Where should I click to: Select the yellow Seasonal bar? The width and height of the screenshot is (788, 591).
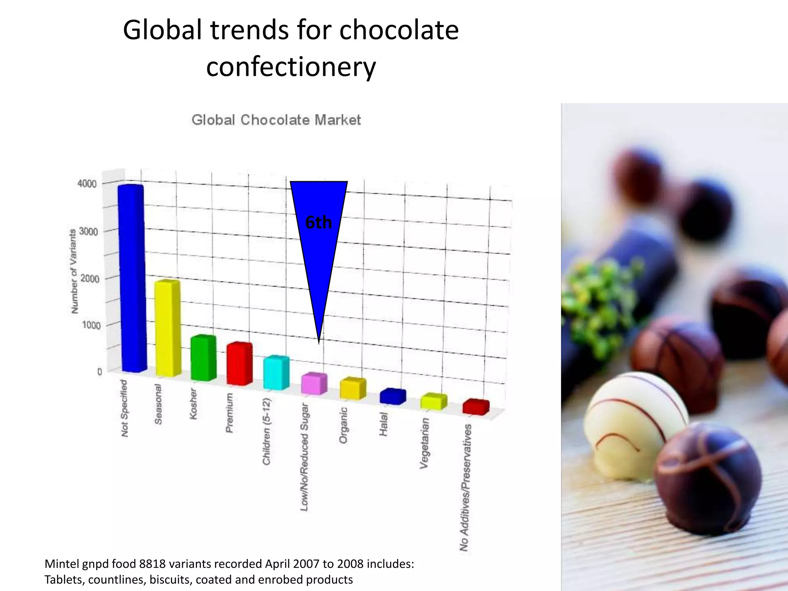click(x=167, y=329)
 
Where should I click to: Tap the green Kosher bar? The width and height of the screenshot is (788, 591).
click(x=203, y=359)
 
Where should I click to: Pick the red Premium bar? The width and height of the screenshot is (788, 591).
click(x=239, y=364)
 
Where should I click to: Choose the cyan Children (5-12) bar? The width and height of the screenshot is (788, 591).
click(x=276, y=373)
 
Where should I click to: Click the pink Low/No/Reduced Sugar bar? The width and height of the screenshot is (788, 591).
click(x=314, y=384)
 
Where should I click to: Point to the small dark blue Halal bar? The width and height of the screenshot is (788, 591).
click(x=392, y=397)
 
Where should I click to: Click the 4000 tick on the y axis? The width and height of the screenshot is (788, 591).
click(x=87, y=184)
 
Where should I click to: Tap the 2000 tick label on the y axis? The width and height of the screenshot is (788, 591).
click(x=89, y=279)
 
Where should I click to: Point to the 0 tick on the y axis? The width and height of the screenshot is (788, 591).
click(x=99, y=372)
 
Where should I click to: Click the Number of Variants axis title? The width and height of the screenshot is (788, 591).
click(x=73, y=271)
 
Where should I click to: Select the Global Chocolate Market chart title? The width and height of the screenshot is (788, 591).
click(x=276, y=120)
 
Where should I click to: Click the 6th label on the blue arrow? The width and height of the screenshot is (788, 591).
click(x=318, y=222)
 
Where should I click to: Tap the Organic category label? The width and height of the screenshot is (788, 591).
click(x=343, y=425)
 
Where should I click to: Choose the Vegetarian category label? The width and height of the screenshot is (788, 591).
click(x=424, y=443)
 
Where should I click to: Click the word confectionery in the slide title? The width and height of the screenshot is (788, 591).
click(x=291, y=66)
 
